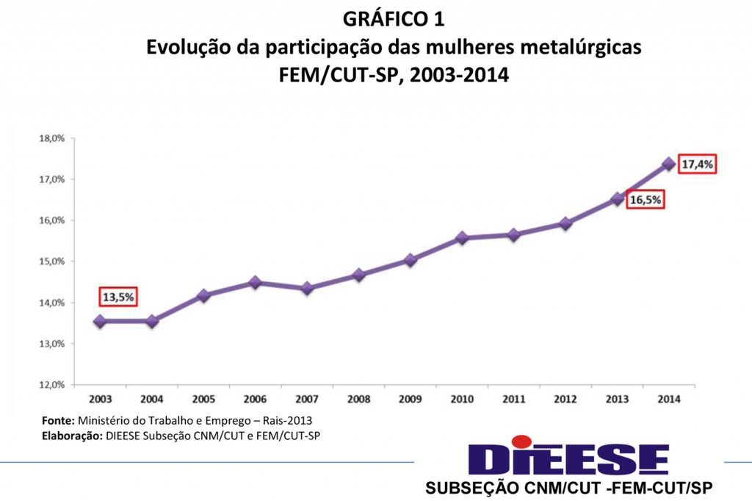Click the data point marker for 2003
click(100, 321)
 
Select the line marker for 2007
click(307, 288)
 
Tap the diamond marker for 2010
click(462, 238)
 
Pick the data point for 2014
click(668, 164)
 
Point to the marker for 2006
click(255, 282)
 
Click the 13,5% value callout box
click(118, 297)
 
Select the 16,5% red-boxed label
click(646, 199)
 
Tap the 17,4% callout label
click(697, 165)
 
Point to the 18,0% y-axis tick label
click(53, 138)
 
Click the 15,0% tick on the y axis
click(53, 262)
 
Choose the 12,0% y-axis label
click(53, 384)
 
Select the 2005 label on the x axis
click(203, 400)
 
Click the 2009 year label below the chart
click(410, 400)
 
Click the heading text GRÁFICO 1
click(393, 17)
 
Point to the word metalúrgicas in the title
click(581, 48)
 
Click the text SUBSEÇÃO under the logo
click(474, 488)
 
